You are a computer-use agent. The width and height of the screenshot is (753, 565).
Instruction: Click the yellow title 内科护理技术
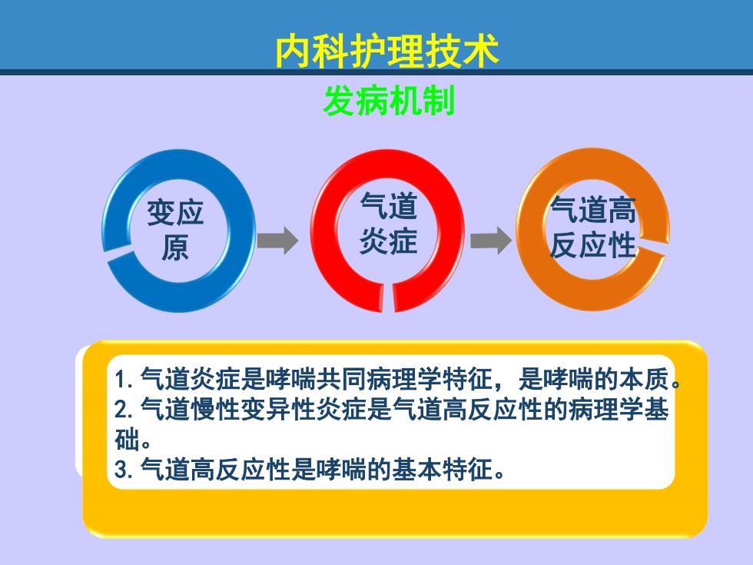387,51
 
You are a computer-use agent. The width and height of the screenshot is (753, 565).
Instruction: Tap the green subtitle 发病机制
389,101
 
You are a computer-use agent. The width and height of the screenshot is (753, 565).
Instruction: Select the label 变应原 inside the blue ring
175,230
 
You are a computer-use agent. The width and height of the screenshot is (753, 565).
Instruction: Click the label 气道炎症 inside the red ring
388,223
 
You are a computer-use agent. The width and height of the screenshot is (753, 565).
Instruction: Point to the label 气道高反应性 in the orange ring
593,228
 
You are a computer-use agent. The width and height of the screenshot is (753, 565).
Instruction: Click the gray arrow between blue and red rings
277,240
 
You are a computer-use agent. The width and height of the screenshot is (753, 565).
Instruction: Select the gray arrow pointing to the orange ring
491,240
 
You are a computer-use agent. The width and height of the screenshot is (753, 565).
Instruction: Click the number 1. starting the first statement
124,380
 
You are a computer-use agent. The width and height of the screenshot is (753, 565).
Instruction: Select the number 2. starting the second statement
124,410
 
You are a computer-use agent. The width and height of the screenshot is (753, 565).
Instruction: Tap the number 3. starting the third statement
124,469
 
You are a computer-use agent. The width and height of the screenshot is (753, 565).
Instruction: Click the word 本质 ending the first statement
644,380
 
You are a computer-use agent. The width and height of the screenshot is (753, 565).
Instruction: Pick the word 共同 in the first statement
341,380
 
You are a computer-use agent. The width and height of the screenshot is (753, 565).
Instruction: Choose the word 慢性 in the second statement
215,409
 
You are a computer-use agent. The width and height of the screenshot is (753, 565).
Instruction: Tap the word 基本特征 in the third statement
442,469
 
